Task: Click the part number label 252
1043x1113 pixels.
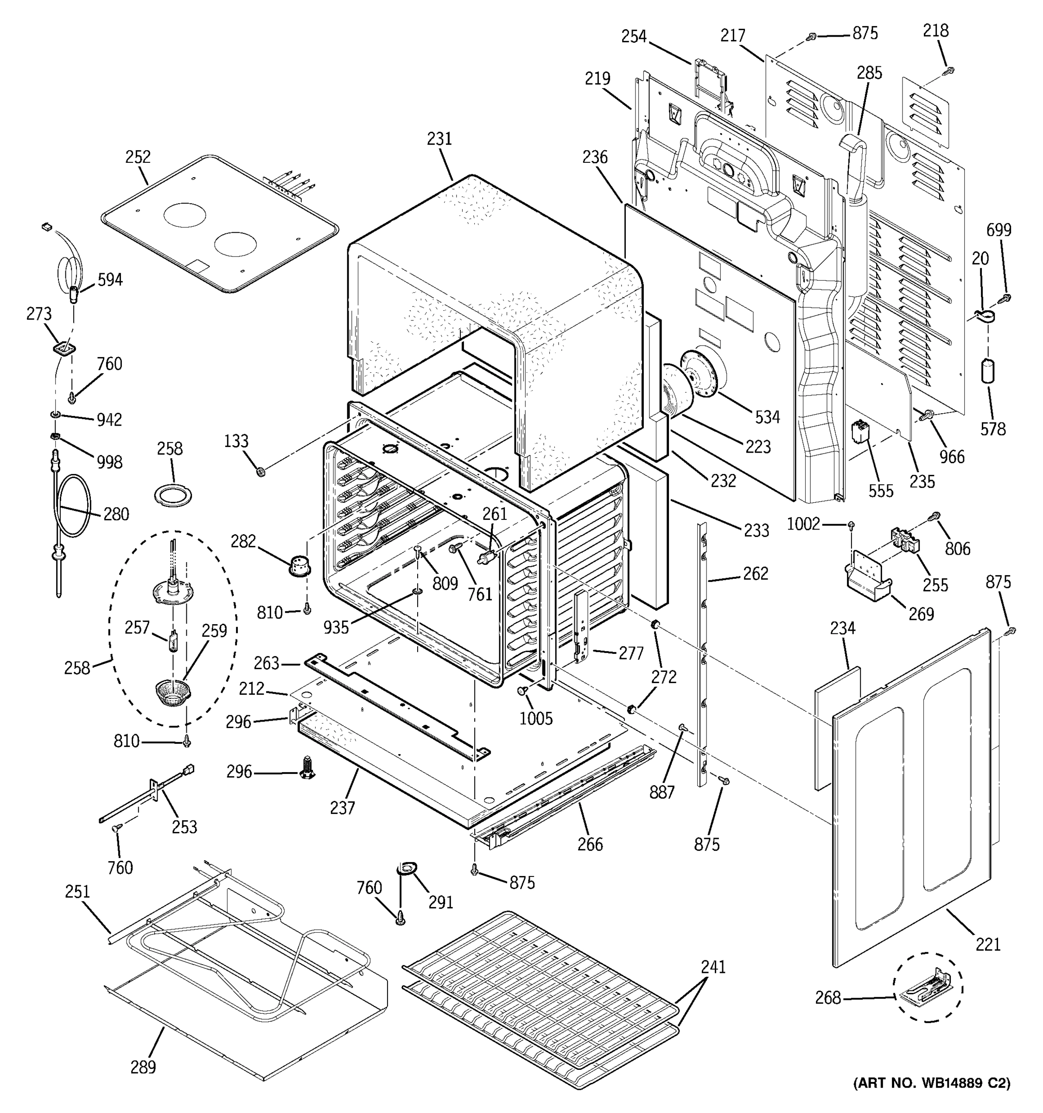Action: coord(138,157)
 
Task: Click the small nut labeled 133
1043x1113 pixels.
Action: coord(260,473)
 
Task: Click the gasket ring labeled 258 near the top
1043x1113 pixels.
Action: coord(173,494)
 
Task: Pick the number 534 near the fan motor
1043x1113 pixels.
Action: coord(767,416)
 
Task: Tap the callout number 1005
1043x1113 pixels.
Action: coord(535,718)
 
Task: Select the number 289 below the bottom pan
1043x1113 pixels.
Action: coord(143,1067)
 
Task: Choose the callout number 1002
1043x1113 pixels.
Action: coord(803,524)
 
